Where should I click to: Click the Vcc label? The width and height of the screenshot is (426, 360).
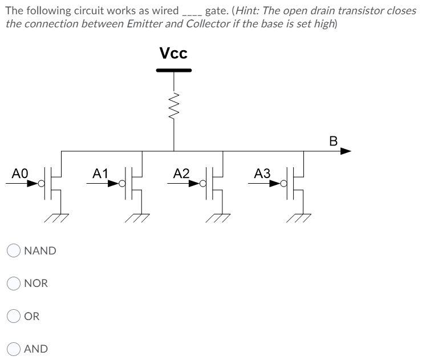coord(173,54)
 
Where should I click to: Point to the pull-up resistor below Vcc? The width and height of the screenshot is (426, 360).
coord(174,105)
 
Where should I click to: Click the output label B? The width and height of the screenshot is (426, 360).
coord(334,140)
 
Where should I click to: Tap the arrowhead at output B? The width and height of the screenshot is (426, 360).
coord(346,151)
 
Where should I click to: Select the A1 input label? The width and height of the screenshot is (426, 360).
coord(100,173)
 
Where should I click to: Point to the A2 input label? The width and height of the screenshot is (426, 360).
coord(182,173)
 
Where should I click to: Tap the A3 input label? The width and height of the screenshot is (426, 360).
coord(263,173)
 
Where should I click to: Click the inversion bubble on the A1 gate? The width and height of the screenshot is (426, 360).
coord(121,184)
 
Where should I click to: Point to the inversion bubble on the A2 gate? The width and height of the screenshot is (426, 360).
coord(202,184)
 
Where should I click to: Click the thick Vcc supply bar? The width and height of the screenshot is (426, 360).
coord(174,71)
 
